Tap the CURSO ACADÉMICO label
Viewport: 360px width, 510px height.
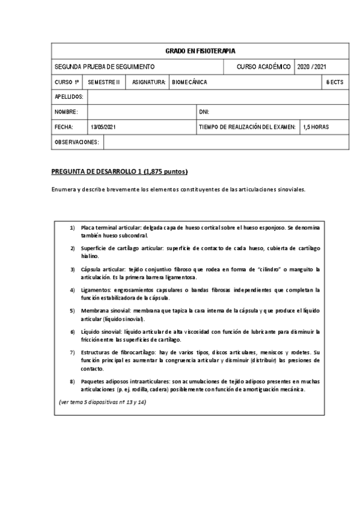pyautogui.click(x=264, y=66)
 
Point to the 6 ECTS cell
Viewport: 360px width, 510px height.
pyautogui.click(x=335, y=82)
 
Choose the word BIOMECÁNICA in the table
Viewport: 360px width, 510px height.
pyautogui.click(x=189, y=82)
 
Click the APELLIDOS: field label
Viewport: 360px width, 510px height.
pyautogui.click(x=69, y=97)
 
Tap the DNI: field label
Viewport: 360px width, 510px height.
pyautogui.click(x=204, y=112)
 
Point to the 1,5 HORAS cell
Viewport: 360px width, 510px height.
pyautogui.click(x=316, y=127)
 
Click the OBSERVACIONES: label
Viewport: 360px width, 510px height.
pyautogui.click(x=77, y=142)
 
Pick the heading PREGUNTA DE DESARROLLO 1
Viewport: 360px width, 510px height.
pyautogui.click(x=120, y=172)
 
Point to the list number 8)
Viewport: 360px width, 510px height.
pyautogui.click(x=72, y=381)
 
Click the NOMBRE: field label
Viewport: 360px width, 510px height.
pyautogui.click(x=66, y=112)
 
